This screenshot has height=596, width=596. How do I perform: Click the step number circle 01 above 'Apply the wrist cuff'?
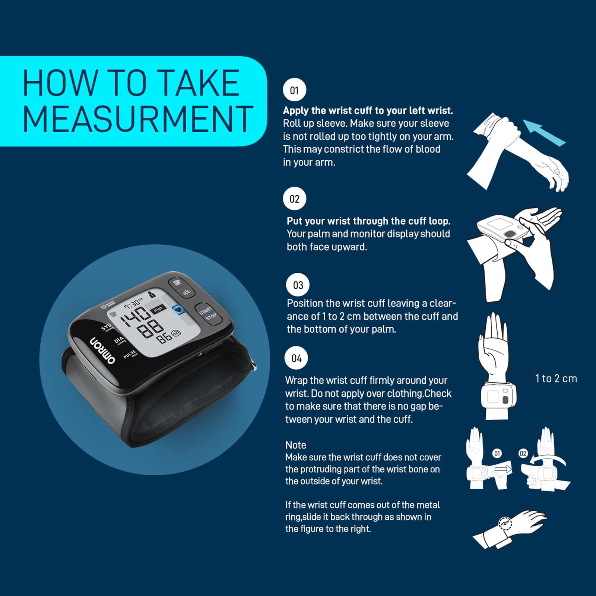294,90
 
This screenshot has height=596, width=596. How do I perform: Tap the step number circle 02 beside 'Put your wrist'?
294,199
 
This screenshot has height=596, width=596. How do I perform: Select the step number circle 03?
298,285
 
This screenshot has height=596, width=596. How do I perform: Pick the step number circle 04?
297,358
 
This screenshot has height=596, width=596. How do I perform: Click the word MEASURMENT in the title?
138,119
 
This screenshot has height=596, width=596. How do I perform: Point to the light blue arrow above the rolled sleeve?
544,133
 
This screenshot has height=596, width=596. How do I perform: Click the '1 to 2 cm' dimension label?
556,378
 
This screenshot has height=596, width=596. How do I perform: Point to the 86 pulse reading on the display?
164,338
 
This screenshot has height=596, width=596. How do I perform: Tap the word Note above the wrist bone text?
296,445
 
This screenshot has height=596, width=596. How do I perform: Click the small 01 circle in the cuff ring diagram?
497,453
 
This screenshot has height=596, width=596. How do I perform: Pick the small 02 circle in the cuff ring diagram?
523,453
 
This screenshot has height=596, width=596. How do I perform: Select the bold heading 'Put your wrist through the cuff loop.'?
368,221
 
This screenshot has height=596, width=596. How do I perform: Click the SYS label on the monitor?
107,327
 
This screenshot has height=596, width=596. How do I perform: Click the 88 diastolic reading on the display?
150,329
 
